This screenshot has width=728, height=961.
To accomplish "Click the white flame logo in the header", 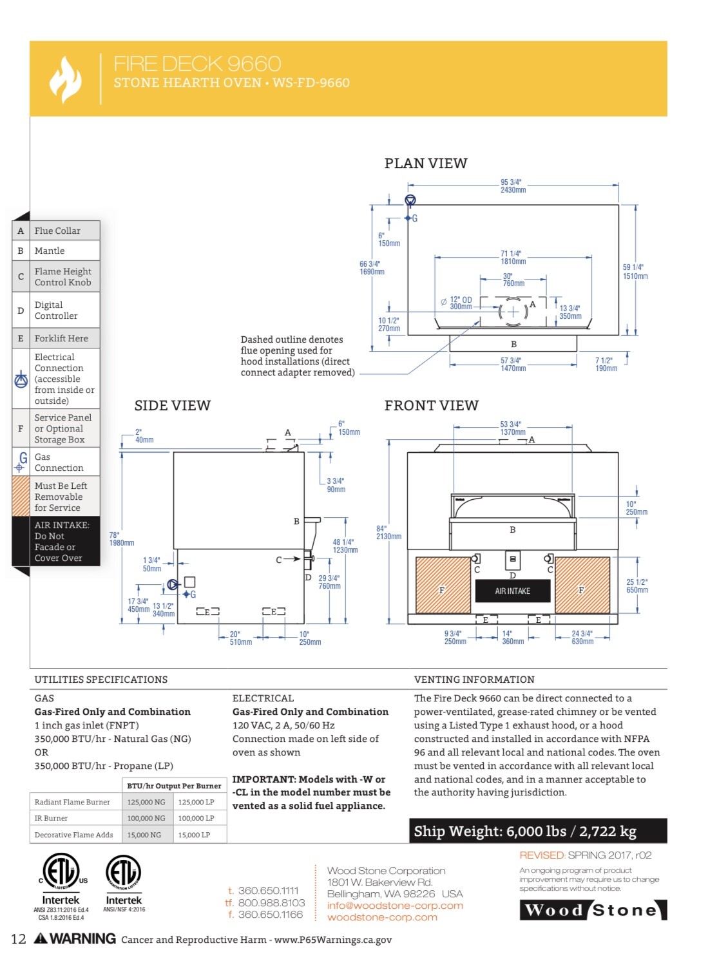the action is [65, 79].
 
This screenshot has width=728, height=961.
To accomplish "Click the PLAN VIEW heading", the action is [425, 164].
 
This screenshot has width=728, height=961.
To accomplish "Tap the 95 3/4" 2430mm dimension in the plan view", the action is [513, 186].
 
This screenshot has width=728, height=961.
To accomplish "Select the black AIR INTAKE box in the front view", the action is [512, 591].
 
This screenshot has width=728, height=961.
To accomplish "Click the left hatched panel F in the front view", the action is [443, 585].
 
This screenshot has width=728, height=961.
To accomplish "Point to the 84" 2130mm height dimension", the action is [388, 533].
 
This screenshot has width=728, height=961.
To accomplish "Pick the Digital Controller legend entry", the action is [56, 310].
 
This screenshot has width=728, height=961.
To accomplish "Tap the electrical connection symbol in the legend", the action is [21, 379].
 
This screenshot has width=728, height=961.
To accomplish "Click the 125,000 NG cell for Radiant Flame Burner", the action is [146, 802].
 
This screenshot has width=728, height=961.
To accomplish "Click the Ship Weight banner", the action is [537, 830].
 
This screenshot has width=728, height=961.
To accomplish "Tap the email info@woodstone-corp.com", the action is [395, 906].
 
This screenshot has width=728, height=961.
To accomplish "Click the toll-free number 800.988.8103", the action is [271, 902].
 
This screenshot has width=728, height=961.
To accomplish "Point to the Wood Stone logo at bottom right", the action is [593, 910].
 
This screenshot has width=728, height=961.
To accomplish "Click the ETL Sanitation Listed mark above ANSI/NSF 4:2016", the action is [124, 871].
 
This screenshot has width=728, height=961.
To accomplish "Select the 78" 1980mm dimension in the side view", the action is [121, 538].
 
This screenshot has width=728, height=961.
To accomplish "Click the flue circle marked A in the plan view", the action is [513, 311].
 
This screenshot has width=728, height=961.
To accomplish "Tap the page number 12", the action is [19, 939].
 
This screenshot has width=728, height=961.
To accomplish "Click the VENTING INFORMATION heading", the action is [474, 679].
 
